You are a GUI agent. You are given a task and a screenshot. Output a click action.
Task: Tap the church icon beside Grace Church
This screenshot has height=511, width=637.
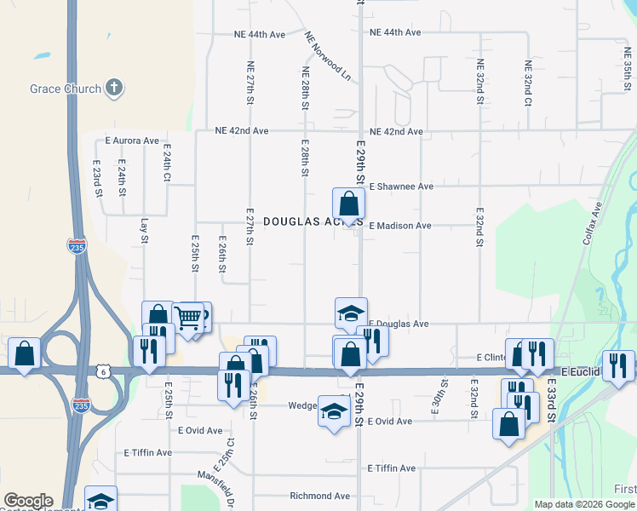click(x=114, y=88)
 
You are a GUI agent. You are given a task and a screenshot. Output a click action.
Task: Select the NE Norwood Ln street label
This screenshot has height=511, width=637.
click(x=329, y=56)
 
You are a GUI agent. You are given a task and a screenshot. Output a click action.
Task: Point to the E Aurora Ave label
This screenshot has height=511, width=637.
click(x=132, y=140)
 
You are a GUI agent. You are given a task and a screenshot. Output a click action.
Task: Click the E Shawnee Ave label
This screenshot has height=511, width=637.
click(x=401, y=186)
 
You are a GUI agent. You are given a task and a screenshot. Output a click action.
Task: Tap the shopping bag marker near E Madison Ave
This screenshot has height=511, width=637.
click(x=348, y=204)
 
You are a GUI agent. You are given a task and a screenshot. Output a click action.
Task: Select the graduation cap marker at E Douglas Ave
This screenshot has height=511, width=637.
click(x=350, y=313)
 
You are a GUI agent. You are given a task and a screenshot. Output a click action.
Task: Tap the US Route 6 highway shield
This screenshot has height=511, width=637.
click(x=102, y=371)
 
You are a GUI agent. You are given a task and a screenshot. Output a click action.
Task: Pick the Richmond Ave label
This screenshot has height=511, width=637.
click(x=320, y=496)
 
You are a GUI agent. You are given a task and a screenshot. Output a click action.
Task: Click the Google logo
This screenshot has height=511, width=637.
click(x=28, y=501)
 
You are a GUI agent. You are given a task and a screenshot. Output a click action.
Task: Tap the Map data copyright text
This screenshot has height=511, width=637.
click(x=585, y=504)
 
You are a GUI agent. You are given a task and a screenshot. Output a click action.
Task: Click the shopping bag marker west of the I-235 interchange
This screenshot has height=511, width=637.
click(x=25, y=353)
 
